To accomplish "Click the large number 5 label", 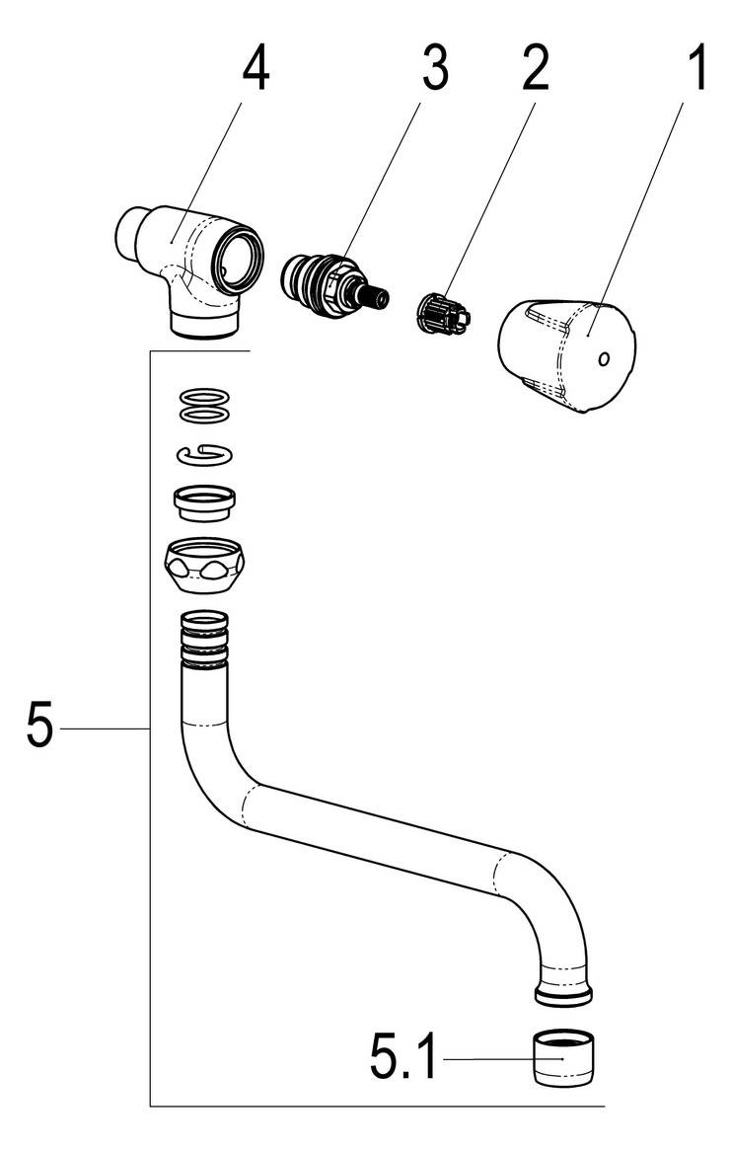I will point(39,729).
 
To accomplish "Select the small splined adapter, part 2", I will point(440,311).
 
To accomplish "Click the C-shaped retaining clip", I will point(205,453).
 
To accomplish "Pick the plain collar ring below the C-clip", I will point(205,502).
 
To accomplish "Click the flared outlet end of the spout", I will point(563,992).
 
